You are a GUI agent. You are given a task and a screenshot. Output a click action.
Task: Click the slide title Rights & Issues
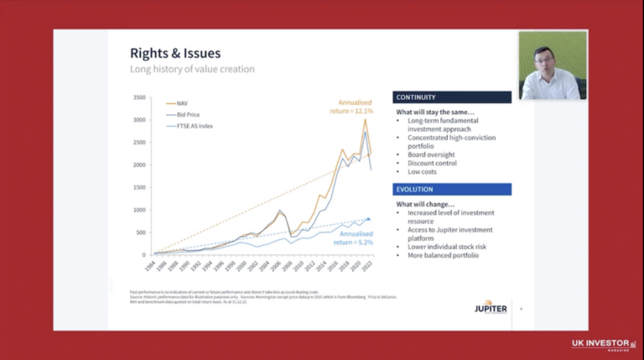click(164, 54)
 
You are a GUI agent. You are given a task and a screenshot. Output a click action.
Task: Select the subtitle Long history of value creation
click(192, 69)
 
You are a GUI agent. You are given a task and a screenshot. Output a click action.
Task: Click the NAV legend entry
click(183, 103)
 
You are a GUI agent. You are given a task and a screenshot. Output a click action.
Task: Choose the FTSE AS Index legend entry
click(194, 125)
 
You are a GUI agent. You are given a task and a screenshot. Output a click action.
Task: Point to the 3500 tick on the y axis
click(139, 97)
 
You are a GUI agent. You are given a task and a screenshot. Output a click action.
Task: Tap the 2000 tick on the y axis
click(139, 164)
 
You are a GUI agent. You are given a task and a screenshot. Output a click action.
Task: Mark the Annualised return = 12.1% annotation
click(350, 107)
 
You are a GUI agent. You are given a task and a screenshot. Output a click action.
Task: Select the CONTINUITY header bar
click(452, 97)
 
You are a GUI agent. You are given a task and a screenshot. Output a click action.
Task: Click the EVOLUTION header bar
click(452, 190)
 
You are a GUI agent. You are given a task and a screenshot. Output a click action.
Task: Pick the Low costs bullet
click(424, 171)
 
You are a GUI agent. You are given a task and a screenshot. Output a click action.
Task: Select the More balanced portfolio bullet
click(443, 254)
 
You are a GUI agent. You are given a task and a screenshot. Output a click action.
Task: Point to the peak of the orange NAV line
click(365, 119)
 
